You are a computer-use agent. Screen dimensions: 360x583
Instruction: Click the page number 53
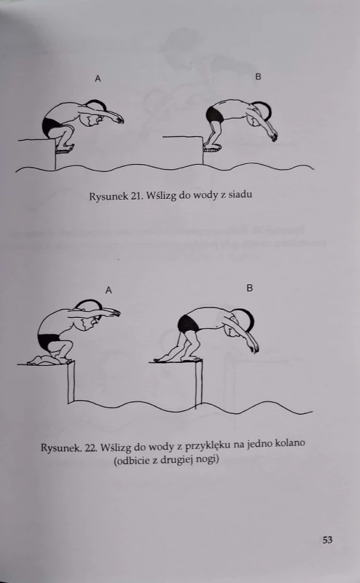click(327, 539)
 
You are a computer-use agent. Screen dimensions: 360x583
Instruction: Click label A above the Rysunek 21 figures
click(98, 79)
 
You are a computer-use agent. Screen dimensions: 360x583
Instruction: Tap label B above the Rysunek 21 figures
click(258, 77)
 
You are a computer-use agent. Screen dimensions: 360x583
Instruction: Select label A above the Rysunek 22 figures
click(109, 290)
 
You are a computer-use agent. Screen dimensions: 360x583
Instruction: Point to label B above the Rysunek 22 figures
click(249, 288)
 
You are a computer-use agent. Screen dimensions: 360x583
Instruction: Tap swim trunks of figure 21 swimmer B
click(215, 114)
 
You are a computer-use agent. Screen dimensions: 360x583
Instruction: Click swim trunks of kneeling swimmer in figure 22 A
click(48, 341)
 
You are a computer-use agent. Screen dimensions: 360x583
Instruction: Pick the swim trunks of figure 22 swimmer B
click(188, 323)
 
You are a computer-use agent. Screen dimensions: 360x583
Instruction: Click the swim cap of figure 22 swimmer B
click(246, 319)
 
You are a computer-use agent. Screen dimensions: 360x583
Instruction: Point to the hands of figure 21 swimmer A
click(119, 119)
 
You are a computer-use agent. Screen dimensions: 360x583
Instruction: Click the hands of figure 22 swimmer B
click(254, 348)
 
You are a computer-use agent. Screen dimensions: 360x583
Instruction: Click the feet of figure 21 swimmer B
click(212, 149)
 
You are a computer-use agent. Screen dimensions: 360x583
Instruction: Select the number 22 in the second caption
click(91, 447)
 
